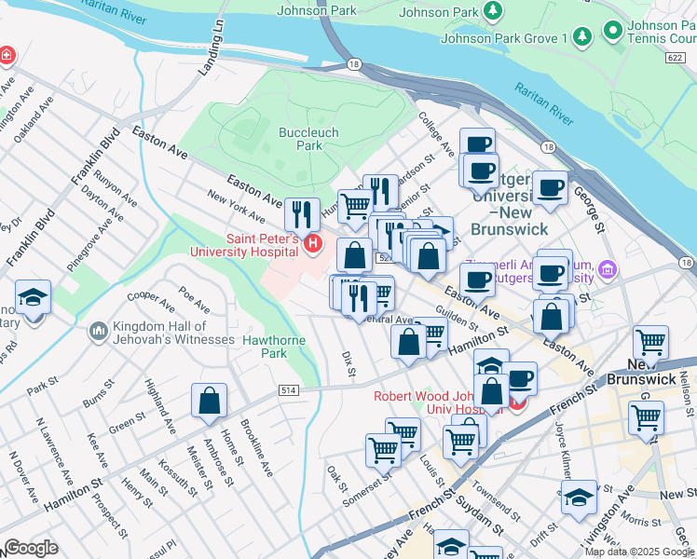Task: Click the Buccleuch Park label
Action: point(302,139)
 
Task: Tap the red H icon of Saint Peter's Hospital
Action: point(313,245)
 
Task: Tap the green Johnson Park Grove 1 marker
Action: point(582,36)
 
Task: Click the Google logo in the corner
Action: point(31,548)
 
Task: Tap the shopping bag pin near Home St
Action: point(210,401)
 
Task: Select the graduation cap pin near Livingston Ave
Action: point(579,497)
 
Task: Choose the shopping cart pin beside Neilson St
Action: point(649,343)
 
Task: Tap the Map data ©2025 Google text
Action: point(639,552)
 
